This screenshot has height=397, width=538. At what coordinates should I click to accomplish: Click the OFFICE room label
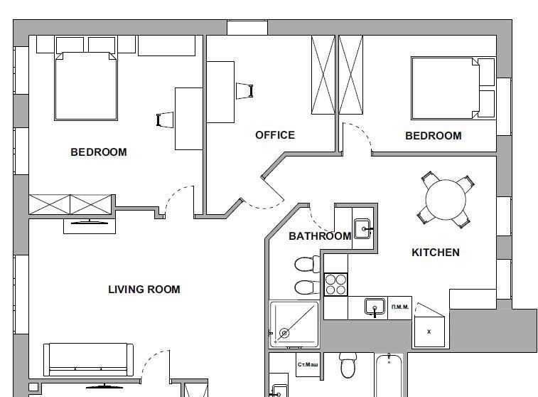[x=275, y=135]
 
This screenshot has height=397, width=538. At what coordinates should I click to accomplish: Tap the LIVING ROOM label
[x=144, y=290]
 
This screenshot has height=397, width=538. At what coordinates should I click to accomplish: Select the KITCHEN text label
[x=436, y=253]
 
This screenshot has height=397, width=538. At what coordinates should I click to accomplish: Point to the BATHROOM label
[x=320, y=236]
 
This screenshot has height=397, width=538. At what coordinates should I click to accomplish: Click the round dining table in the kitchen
[x=446, y=199]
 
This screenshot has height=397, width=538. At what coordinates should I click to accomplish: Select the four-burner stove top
[x=336, y=285]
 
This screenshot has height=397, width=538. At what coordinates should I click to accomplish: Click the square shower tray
[x=294, y=324]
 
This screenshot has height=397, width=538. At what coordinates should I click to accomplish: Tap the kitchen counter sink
[x=375, y=307]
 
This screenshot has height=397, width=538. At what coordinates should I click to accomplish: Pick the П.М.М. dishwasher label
[x=400, y=307]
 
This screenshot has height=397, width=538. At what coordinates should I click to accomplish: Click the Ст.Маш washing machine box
[x=308, y=364]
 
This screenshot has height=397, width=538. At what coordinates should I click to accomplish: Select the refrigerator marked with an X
[x=429, y=332]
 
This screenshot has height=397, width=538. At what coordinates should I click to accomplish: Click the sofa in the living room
[x=89, y=360]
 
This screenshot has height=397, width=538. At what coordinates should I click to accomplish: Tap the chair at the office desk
[x=244, y=91]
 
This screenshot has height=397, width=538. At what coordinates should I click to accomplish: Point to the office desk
[x=220, y=92]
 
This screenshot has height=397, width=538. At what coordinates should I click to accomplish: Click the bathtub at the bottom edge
[x=389, y=376]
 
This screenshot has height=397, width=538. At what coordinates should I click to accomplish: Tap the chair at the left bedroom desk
[x=165, y=120]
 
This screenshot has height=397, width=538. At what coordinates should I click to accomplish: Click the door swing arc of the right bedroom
[x=360, y=132]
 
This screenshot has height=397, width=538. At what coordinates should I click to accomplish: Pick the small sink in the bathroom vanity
[x=362, y=229]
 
